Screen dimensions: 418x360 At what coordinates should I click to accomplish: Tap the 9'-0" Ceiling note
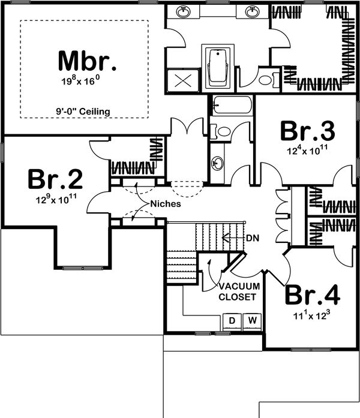(85, 111)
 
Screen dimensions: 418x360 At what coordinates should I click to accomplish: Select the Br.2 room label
(55, 180)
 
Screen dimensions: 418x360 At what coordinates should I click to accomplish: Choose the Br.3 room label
(308, 131)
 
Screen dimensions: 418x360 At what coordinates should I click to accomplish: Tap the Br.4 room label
(312, 295)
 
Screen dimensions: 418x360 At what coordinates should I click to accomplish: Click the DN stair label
(253, 237)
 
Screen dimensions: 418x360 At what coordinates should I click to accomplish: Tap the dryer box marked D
(232, 321)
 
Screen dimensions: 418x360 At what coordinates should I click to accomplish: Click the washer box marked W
(252, 321)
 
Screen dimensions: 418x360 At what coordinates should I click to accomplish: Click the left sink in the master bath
(183, 12)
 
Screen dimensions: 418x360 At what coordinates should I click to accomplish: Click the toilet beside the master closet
(265, 79)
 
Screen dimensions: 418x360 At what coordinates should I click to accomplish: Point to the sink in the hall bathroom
(218, 161)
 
